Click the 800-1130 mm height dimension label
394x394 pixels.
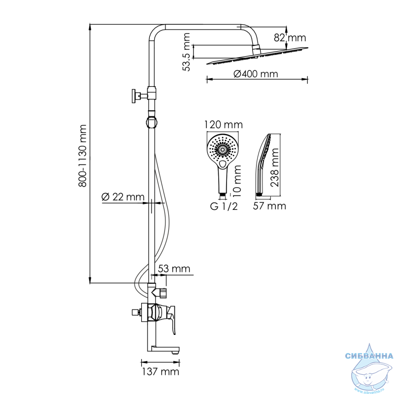coord(82,156)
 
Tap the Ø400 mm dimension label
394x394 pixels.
coord(256,74)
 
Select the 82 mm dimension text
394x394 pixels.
coord(290,38)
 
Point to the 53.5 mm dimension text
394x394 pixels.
coord(187,52)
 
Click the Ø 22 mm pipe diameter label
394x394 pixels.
coord(123,197)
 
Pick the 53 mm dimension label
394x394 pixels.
coord(174,268)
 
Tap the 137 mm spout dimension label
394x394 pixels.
coord(161,372)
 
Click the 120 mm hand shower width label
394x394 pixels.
coord(223,125)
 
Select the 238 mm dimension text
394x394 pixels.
coord(275,167)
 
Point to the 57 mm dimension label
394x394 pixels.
coord(269,206)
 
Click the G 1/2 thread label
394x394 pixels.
coord(224,206)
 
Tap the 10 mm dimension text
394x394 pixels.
coord(237,181)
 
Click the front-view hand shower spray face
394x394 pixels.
coord(223,150)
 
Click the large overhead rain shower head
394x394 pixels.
coord(257,56)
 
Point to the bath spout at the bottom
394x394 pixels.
coord(164,349)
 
